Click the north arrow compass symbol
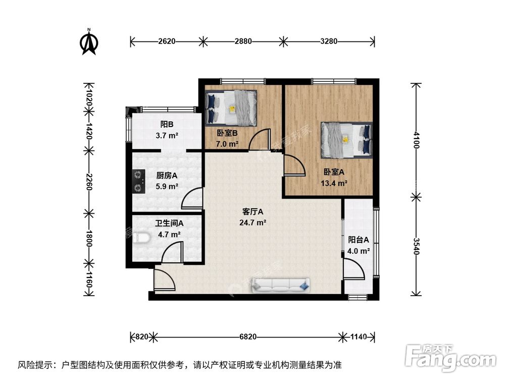click(x=89, y=42)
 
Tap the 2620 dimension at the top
click(x=166, y=42)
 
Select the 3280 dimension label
click(x=328, y=42)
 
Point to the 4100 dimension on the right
click(x=416, y=140)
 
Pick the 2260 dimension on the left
click(x=89, y=180)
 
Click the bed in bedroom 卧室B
click(x=231, y=108)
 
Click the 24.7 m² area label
click(x=254, y=222)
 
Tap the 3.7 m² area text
click(x=167, y=135)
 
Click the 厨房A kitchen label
click(x=167, y=176)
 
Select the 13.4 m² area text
click(x=334, y=183)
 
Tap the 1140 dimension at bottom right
click(x=358, y=336)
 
